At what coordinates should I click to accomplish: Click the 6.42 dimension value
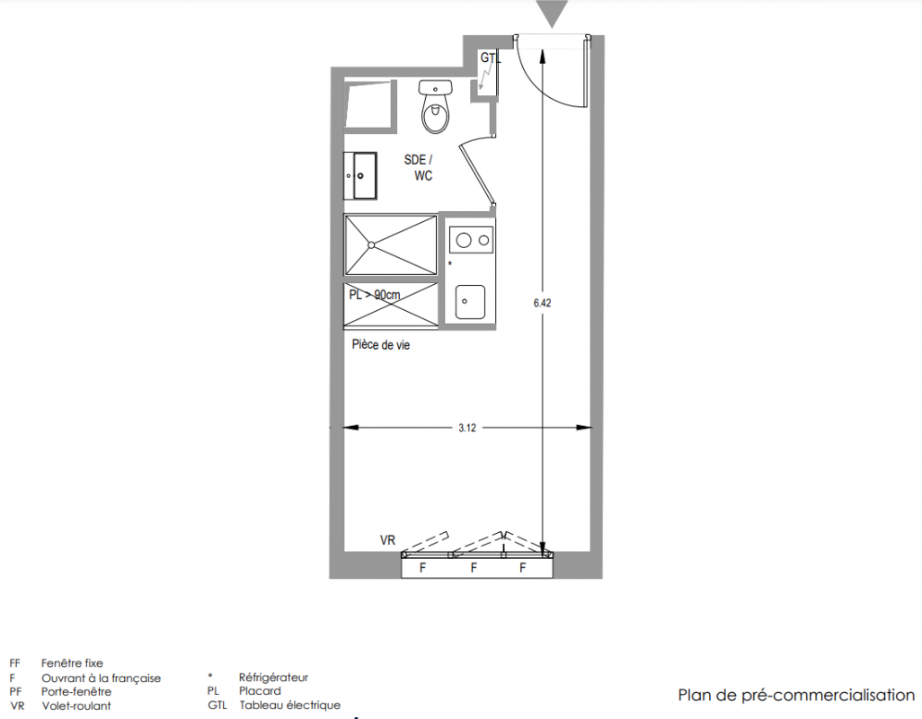542,303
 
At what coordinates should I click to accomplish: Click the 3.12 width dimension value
467,428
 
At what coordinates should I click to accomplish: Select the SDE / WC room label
419,167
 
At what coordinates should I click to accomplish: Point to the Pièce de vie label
380,345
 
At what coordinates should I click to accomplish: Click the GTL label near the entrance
491,58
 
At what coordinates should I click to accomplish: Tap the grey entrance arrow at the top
552,13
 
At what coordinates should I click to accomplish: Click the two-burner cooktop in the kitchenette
471,240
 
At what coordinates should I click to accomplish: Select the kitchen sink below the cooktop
470,302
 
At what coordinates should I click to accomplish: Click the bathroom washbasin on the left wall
359,175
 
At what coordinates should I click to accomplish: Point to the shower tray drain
371,244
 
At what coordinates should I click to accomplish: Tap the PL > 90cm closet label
375,295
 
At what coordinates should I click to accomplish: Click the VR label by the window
387,540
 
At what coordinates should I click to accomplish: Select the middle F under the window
474,568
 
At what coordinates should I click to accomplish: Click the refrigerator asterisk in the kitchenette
450,264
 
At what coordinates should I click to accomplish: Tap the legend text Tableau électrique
289,705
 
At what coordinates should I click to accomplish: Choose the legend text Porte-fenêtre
75,691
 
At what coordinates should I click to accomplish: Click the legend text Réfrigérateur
273,678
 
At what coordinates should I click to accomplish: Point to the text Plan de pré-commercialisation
796,696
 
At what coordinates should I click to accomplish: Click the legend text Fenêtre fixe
72,663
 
